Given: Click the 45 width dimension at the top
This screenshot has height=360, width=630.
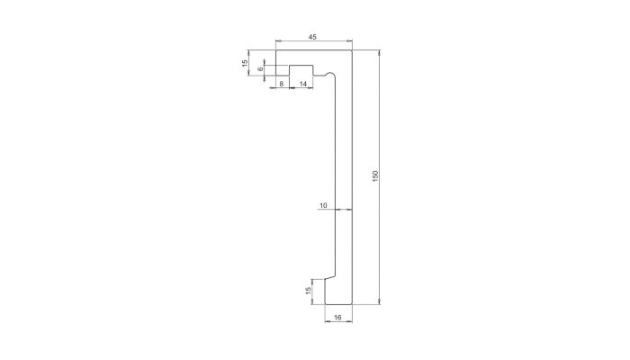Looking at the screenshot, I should (311, 37).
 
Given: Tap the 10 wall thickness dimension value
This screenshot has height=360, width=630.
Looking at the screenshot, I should (323, 206).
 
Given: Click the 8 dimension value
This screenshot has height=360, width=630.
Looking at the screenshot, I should (282, 83).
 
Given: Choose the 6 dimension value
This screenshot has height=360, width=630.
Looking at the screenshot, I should (260, 69).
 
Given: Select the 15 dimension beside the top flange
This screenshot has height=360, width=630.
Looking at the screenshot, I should (245, 63).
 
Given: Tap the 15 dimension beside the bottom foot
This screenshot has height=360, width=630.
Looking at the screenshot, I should (309, 290).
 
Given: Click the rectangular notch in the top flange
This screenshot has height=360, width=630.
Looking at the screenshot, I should (300, 70).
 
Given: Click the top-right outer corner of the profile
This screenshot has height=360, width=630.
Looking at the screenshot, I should (352, 50).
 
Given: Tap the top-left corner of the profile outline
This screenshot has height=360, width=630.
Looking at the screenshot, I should (275, 50).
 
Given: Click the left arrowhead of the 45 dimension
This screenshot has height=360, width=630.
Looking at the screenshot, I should (278, 42).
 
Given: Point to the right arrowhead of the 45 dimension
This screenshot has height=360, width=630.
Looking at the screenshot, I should (349, 42).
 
